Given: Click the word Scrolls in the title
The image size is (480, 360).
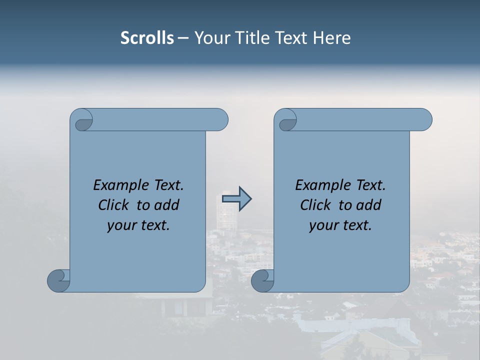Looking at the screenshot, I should click(147, 38).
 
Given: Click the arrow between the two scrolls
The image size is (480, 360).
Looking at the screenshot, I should click(236, 199).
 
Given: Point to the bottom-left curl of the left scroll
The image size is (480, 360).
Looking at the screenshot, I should click(59, 280).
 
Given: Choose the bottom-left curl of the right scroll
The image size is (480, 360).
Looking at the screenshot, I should click(262, 280).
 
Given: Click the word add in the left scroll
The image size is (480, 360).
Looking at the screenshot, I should click(167, 205).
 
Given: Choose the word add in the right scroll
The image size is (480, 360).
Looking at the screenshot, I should click(369, 205).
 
